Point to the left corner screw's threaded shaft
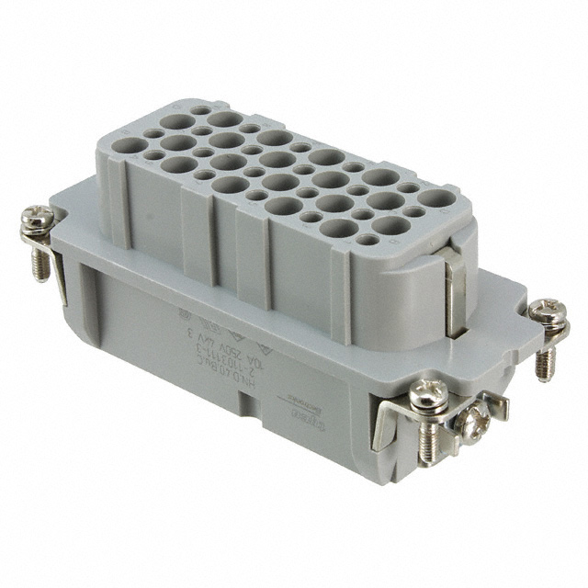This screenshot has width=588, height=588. (x=40, y=263)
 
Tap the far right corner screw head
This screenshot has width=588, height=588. (x=548, y=311)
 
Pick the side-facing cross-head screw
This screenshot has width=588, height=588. (x=473, y=424)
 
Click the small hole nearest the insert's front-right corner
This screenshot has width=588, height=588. (x=367, y=240)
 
